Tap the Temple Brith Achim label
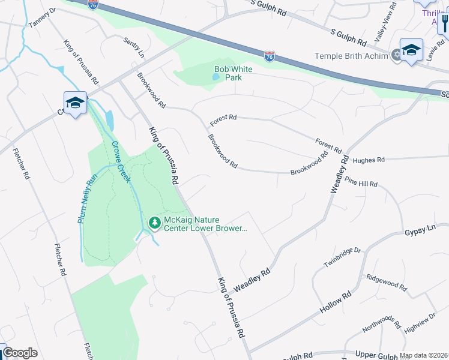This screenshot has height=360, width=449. tap(352, 56)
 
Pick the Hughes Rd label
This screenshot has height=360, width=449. tap(369, 160)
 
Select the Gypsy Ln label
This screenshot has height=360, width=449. tap(419, 230)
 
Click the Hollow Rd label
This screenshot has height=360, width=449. tap(336, 303)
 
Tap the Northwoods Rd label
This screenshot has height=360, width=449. tap(381, 323)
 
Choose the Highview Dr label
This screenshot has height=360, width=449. tap(420, 323)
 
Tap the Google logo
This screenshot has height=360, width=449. tap(20, 353)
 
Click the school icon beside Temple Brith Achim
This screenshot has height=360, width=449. tap(412, 50)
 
